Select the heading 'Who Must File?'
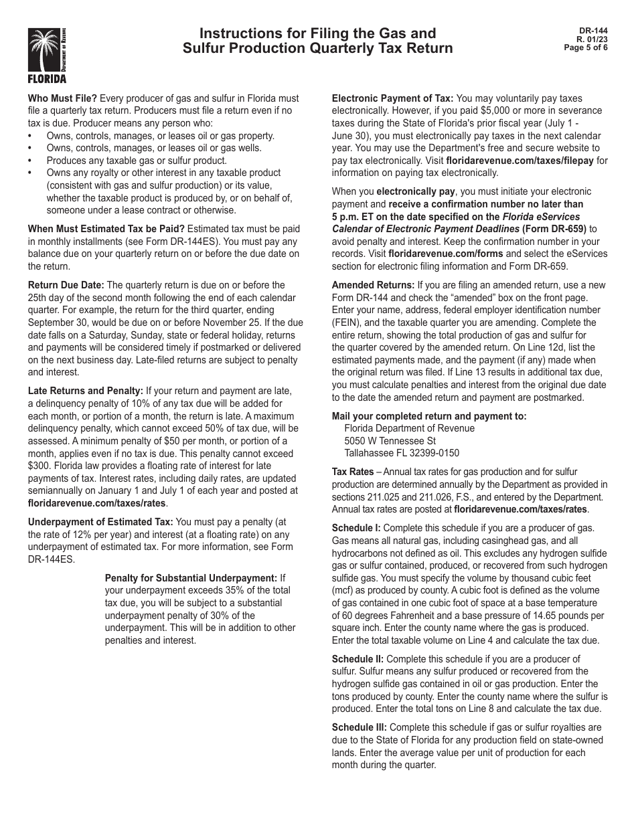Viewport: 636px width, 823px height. click(x=62, y=98)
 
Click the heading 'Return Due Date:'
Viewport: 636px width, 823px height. click(x=66, y=285)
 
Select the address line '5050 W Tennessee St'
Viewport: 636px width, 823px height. click(x=390, y=441)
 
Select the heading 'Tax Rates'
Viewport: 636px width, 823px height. click(x=352, y=472)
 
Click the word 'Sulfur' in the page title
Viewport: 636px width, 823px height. click(x=204, y=49)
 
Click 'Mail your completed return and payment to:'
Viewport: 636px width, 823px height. click(x=428, y=416)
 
